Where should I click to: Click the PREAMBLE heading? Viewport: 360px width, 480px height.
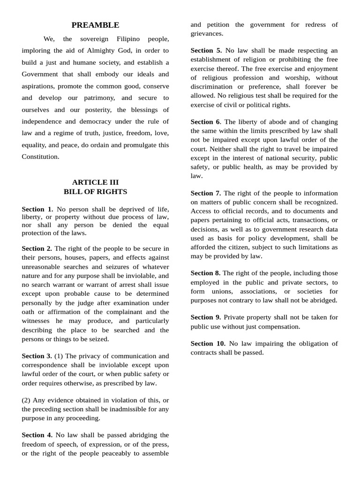coord(95,25)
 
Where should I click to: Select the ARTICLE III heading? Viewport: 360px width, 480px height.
coord(95,182)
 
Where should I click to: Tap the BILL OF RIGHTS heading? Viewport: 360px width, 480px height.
coord(95,191)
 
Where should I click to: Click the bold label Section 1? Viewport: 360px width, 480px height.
coord(37,209)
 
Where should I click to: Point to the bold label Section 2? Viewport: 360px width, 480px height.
coord(37,248)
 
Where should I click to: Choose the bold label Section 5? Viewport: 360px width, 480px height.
coord(206,50)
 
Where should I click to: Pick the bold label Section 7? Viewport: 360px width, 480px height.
coord(206,193)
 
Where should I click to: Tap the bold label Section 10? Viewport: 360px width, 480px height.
coord(208,344)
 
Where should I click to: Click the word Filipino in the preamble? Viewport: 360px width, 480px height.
coord(131,38)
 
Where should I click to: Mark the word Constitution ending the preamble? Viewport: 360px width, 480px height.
coord(40,157)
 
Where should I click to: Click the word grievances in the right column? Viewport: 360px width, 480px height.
coord(207,34)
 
